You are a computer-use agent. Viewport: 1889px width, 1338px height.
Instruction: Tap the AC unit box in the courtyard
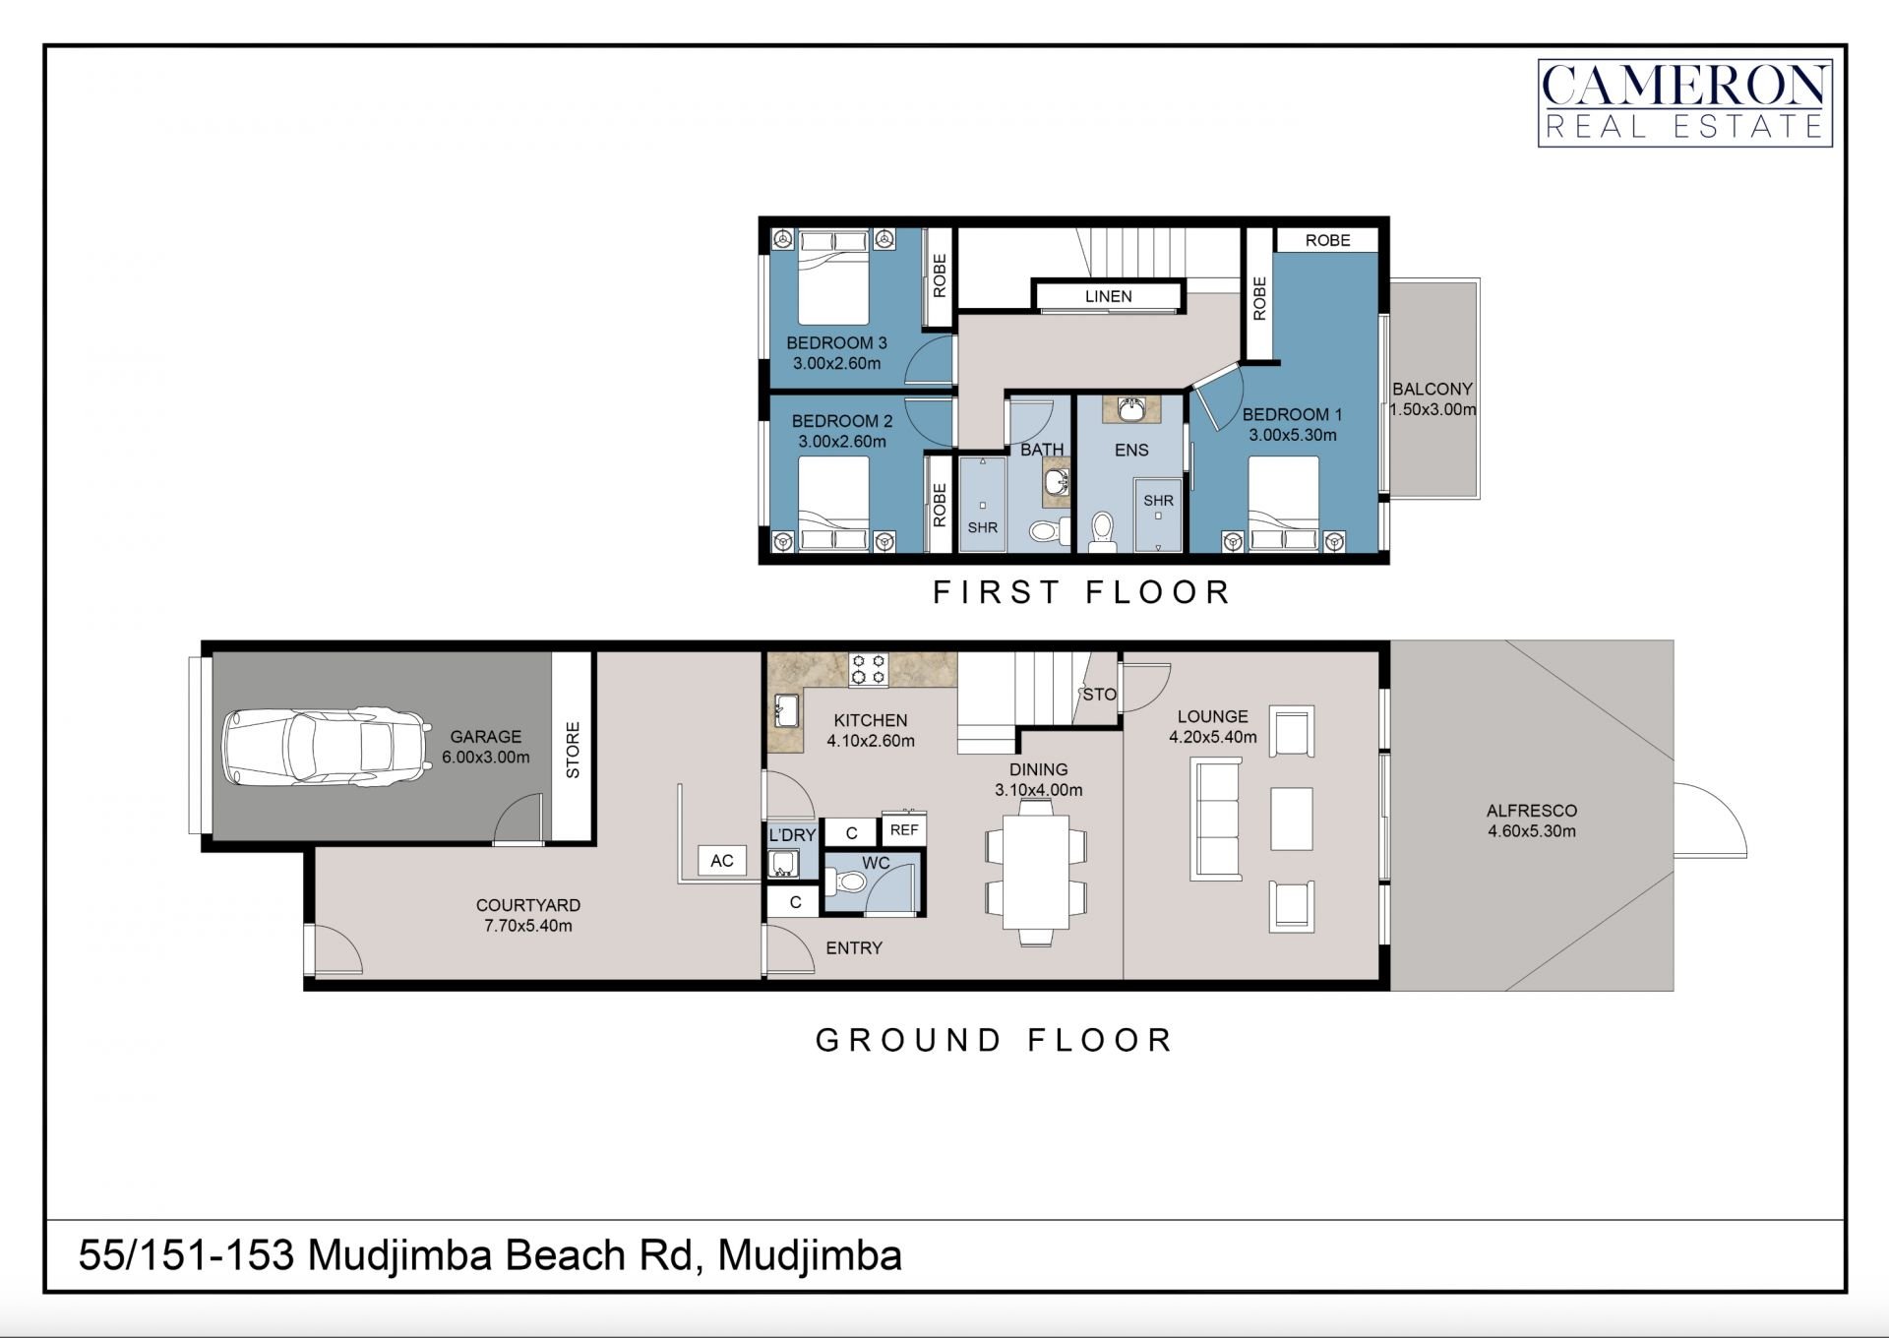[x=721, y=861]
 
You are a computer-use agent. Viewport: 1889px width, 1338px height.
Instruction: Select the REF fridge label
[x=904, y=830]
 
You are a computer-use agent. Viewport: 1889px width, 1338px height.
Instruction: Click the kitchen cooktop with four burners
[x=869, y=669]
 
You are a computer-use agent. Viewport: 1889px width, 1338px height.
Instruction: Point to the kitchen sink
[x=785, y=710]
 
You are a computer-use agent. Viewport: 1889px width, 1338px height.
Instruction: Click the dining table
[x=1036, y=872]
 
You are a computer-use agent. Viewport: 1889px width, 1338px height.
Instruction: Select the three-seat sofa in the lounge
[x=1216, y=819]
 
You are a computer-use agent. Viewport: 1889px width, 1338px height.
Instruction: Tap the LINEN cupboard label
[x=1108, y=296]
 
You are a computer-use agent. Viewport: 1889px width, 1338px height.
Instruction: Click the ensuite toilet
[x=1102, y=531]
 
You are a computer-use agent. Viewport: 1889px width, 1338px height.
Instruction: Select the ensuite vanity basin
[x=1130, y=409]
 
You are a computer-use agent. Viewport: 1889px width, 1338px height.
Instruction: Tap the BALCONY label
[x=1432, y=390]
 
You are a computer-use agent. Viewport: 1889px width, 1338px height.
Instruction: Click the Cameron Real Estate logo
[x=1684, y=103]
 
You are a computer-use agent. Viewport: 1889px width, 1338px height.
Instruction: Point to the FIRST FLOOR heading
[x=1081, y=592]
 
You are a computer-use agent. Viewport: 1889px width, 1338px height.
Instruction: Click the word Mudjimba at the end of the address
[x=809, y=1257]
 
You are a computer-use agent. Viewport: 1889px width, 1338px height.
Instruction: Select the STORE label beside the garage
[x=573, y=750]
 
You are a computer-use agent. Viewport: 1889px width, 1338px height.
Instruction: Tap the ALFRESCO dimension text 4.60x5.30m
[x=1531, y=831]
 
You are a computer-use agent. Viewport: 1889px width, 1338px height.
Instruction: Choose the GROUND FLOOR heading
[x=994, y=1040]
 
